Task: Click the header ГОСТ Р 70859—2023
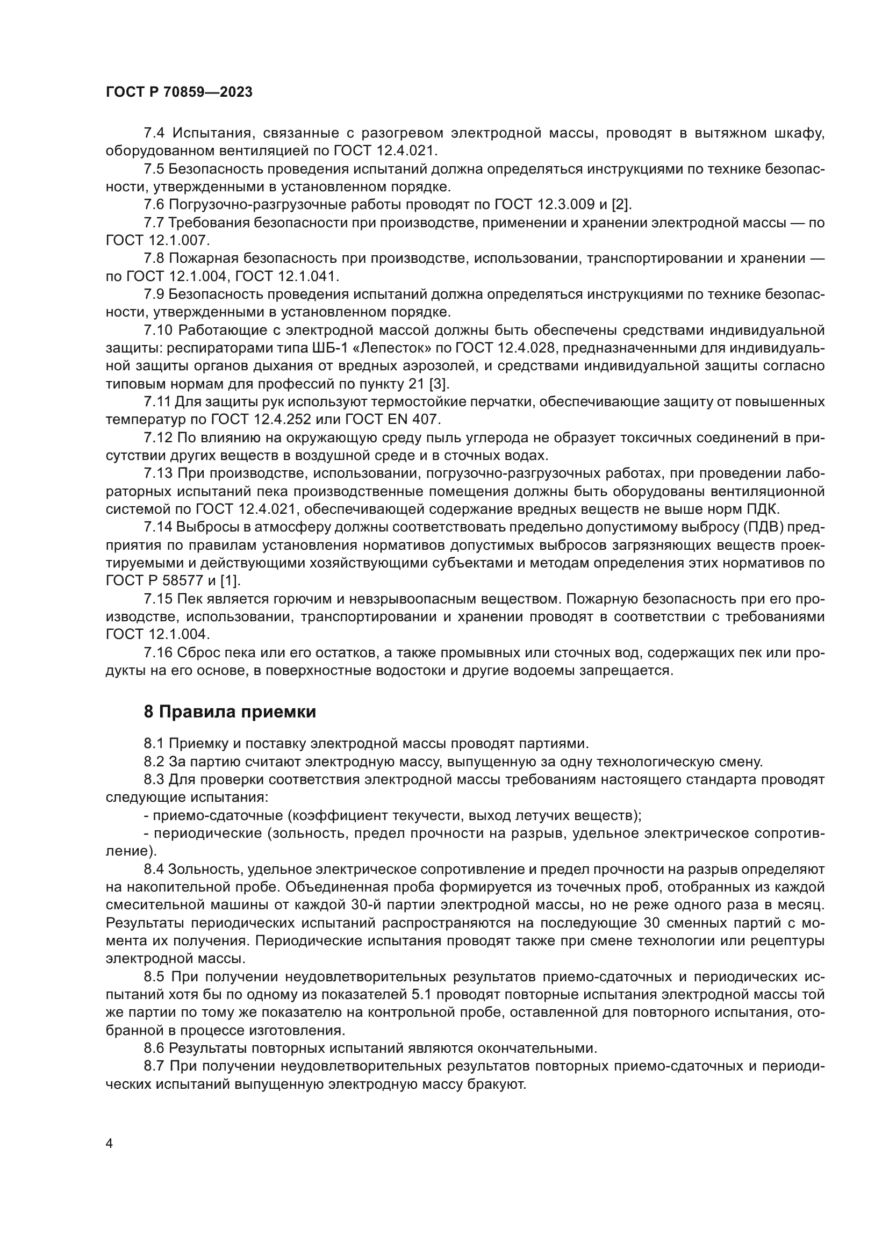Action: pos(179,92)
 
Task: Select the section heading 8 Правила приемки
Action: pos(230,712)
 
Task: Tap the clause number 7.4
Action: pos(155,133)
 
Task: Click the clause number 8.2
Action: pos(155,762)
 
